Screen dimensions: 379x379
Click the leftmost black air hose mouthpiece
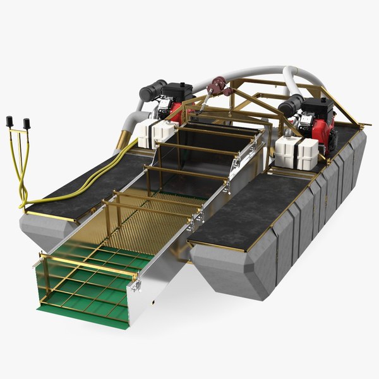pyautogui.click(x=9, y=122)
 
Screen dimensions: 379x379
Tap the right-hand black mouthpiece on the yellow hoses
pyautogui.click(x=27, y=123)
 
